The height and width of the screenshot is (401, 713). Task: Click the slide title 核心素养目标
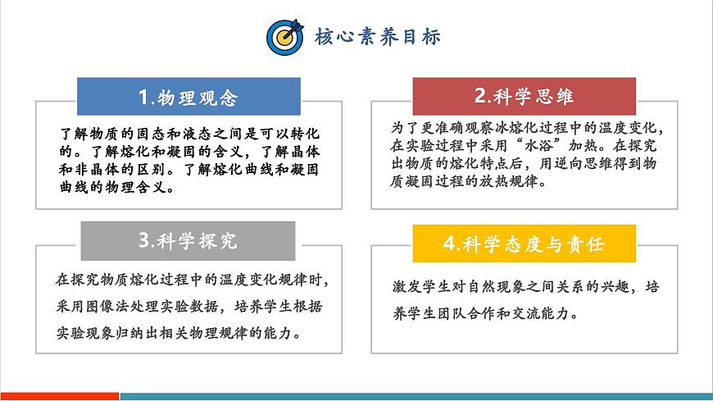click(x=378, y=37)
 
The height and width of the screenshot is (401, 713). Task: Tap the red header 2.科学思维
click(x=525, y=97)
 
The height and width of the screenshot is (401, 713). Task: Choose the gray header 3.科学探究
click(x=188, y=240)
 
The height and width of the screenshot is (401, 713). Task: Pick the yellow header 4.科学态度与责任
click(x=524, y=244)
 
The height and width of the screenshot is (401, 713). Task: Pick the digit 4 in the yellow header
click(x=448, y=244)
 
